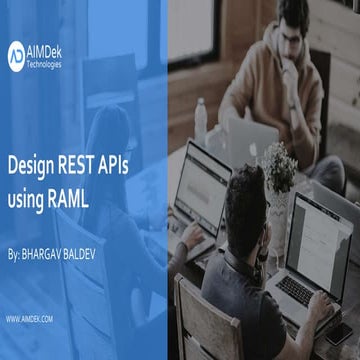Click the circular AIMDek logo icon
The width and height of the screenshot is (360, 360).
click(17, 55)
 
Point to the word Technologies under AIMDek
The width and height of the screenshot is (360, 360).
click(46, 64)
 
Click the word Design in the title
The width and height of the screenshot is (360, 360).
click(34, 159)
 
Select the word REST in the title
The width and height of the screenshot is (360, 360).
click(88, 159)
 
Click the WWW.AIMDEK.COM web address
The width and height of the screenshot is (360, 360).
click(30, 319)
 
